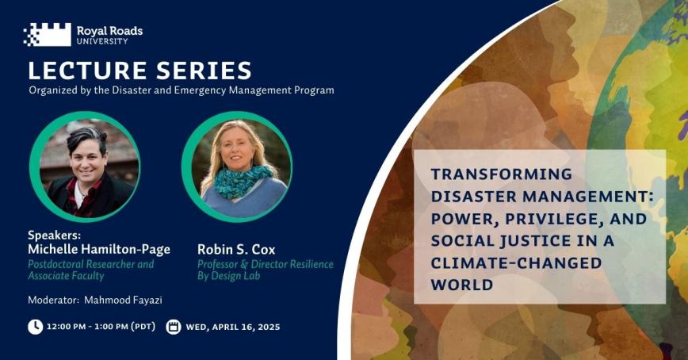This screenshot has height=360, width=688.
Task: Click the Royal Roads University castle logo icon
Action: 47,34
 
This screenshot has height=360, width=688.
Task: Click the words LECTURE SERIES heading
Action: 140,70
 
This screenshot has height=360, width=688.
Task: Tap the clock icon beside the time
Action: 35,327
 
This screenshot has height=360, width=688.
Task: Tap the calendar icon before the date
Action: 173,327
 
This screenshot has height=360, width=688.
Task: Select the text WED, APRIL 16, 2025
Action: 233,327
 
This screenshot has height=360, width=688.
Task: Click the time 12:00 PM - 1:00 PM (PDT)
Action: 101,327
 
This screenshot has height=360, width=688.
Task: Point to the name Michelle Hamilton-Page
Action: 99,250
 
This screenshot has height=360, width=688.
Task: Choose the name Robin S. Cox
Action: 234,250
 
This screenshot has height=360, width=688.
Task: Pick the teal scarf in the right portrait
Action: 235,181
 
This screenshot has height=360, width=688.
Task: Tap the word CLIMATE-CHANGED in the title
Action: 516,262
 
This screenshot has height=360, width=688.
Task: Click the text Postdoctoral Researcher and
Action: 90,264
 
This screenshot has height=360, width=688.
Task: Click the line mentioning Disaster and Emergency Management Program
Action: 181,90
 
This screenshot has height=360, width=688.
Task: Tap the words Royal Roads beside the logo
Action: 109,30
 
